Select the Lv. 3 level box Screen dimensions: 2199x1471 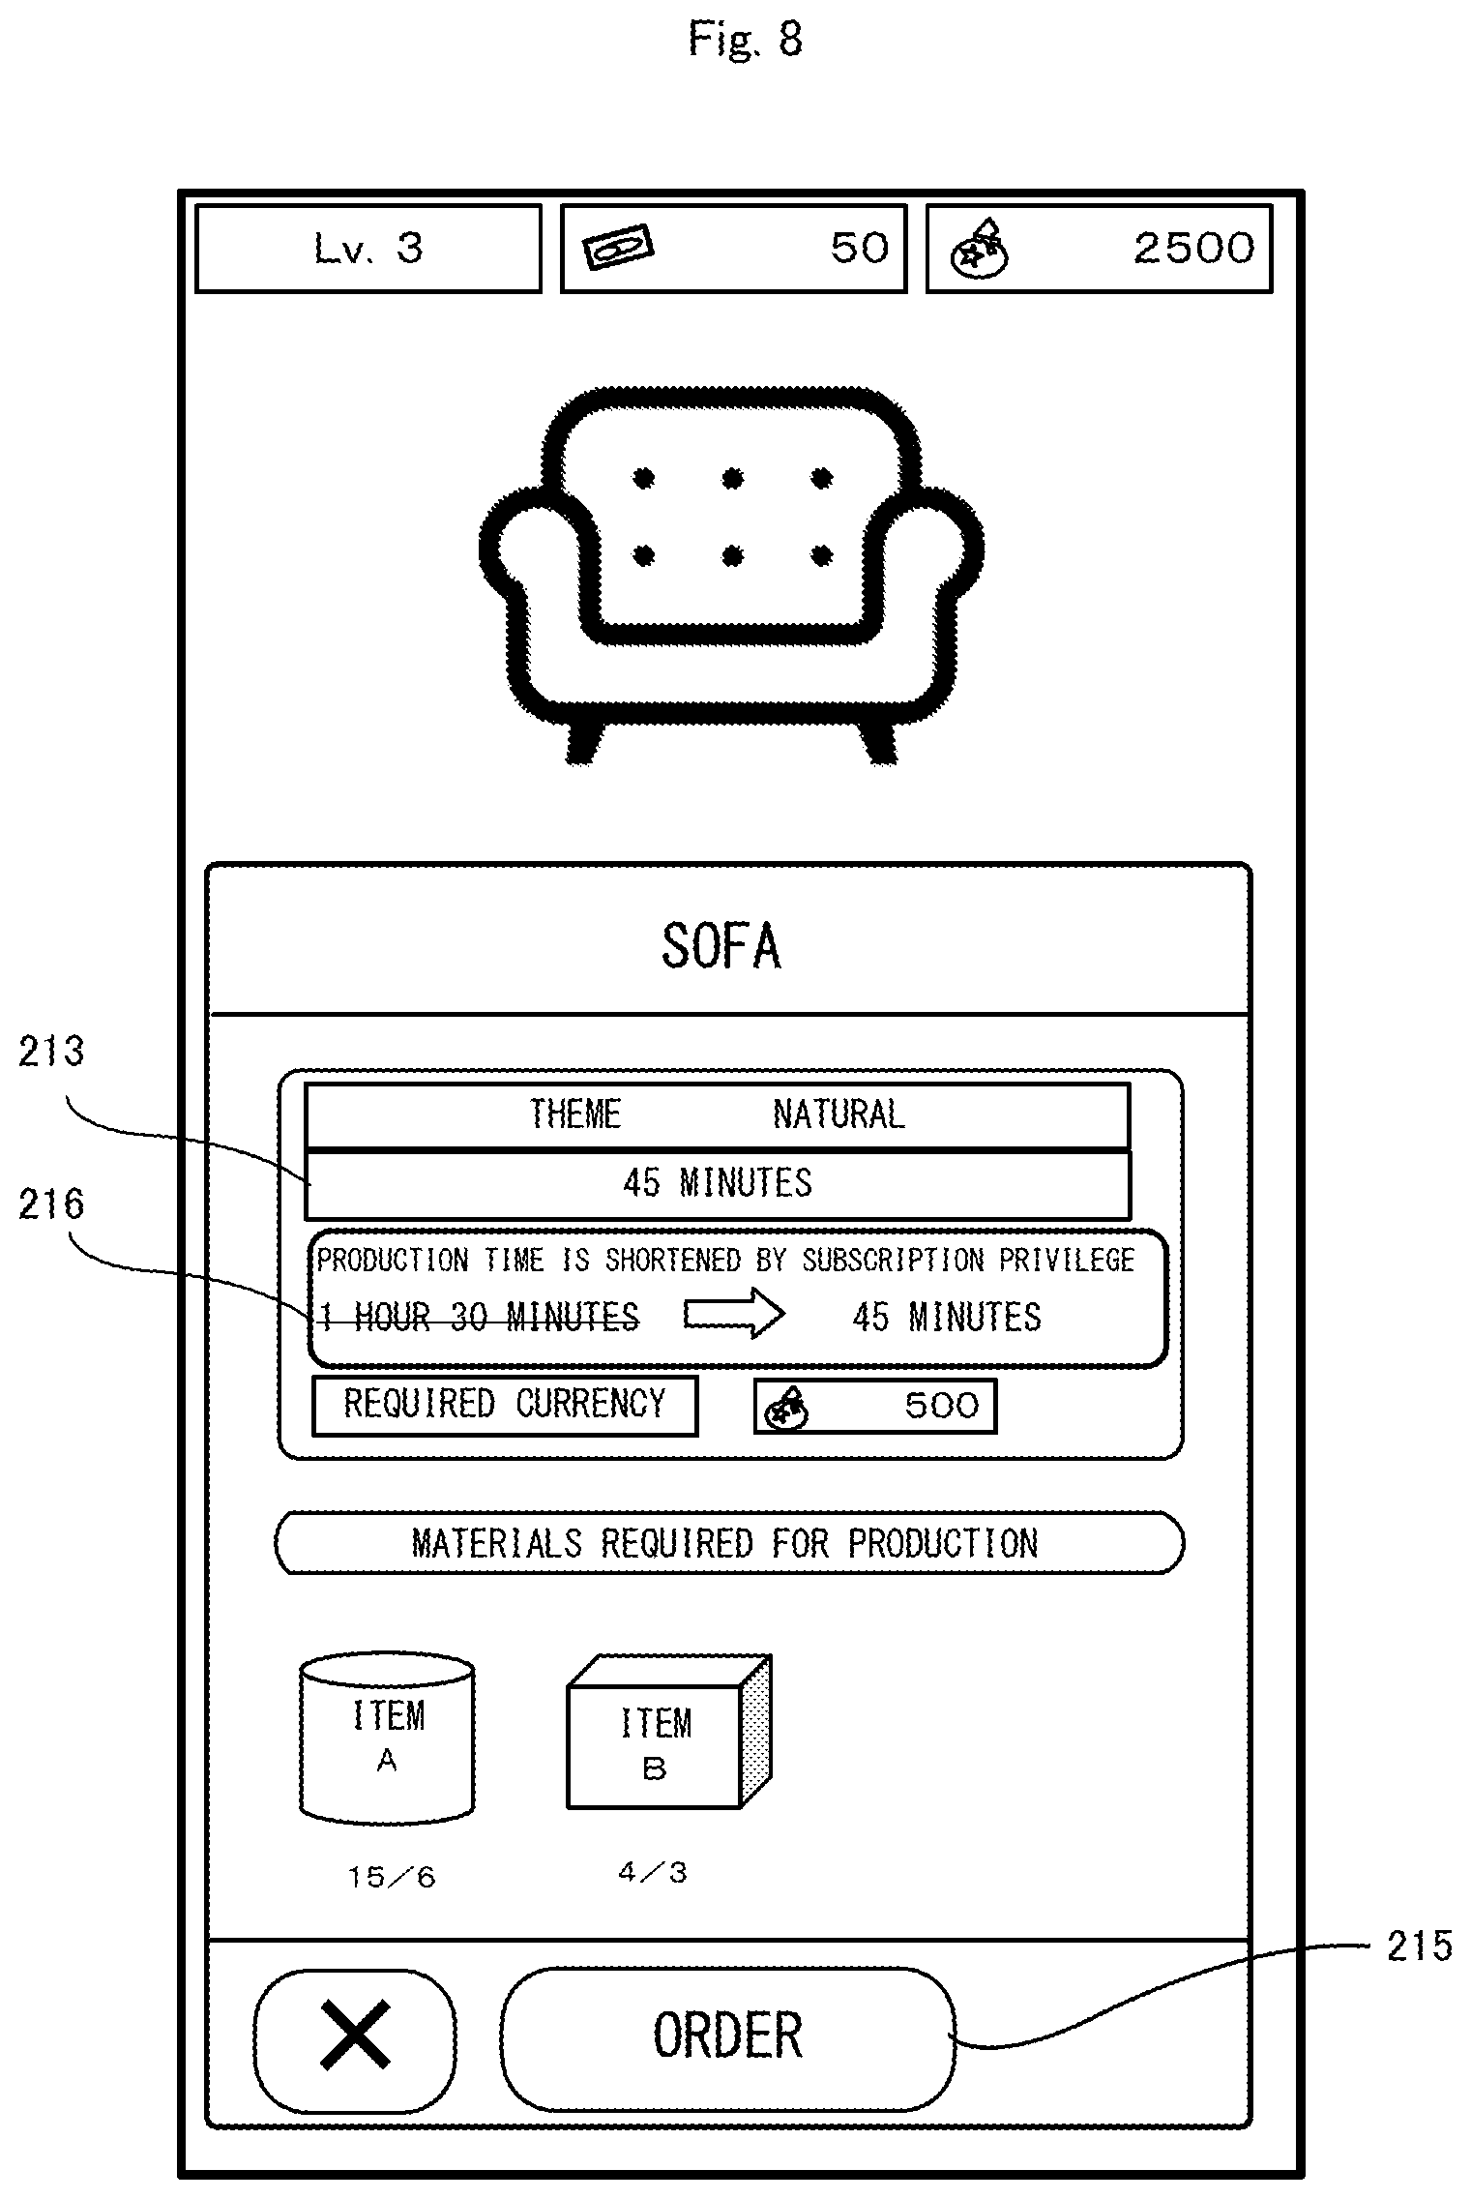368,249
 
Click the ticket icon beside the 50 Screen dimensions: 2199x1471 617,248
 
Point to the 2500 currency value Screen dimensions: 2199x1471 1193,249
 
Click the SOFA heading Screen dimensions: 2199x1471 721,946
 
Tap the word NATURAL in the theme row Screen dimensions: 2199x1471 838,1114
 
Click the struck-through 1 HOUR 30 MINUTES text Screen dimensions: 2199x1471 480,1317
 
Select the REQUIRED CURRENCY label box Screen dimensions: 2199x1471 504,1405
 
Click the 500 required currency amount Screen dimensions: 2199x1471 941,1406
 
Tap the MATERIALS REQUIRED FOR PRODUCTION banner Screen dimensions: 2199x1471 727,1543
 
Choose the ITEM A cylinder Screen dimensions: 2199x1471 387,1737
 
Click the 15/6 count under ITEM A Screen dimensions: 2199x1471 392,1878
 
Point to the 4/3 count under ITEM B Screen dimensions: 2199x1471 653,1873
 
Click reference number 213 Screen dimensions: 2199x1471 51,1051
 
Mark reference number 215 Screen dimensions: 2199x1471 1419,1946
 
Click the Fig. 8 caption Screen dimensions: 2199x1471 745,41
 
